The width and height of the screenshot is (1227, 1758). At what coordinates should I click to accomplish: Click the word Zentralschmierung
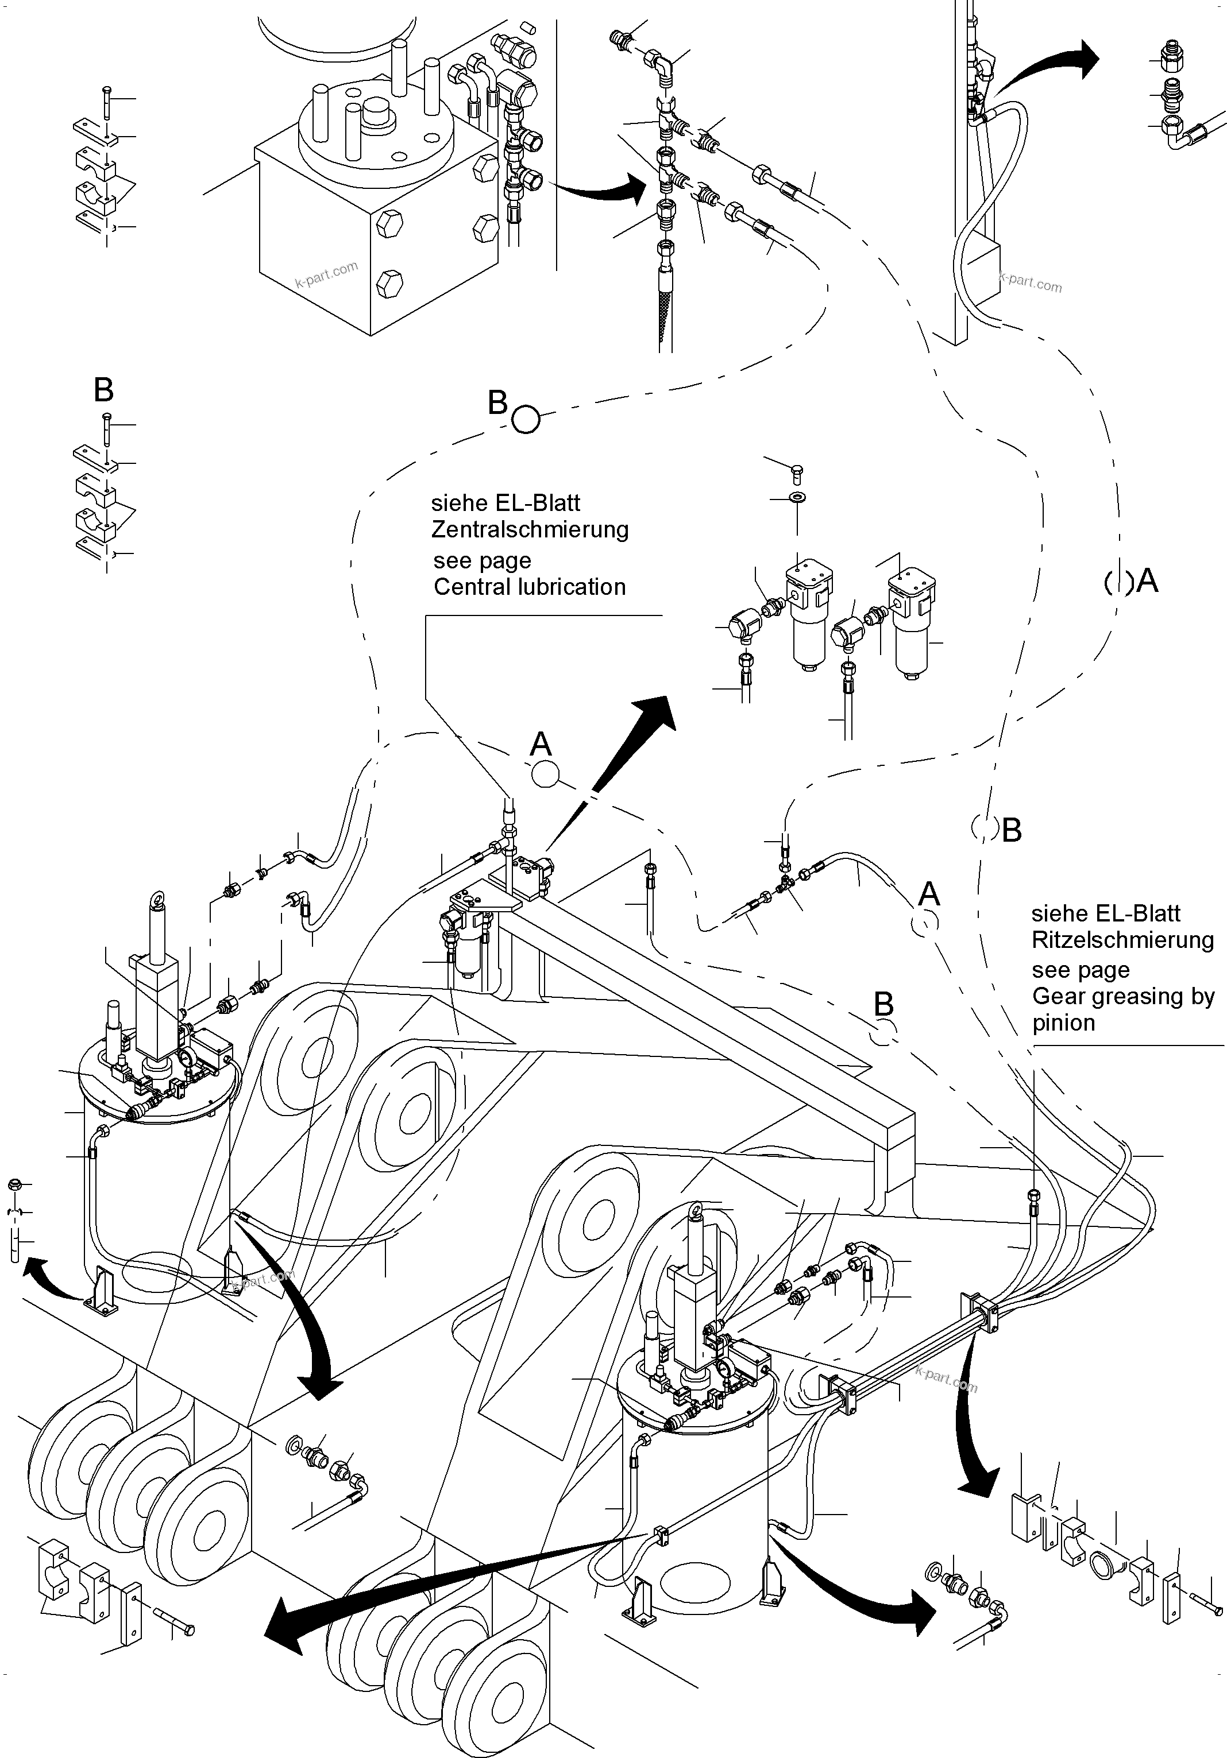[x=530, y=530]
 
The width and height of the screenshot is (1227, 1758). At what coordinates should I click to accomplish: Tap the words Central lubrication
[x=530, y=587]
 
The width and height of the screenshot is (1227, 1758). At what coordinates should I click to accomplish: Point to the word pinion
[x=1063, y=1024]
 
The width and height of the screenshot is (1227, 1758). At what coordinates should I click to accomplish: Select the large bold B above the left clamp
[x=103, y=390]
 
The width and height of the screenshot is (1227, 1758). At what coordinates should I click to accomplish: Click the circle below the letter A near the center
[x=545, y=774]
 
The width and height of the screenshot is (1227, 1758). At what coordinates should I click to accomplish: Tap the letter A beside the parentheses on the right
[x=1147, y=582]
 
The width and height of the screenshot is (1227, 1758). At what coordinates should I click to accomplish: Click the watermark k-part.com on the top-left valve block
[x=326, y=273]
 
